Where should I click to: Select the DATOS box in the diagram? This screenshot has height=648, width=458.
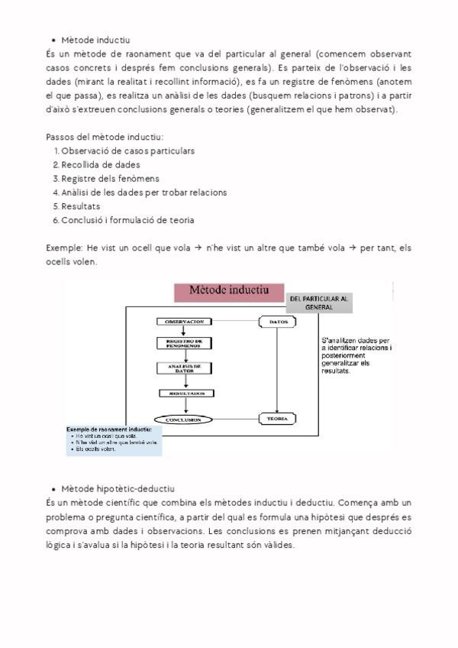[x=277, y=322]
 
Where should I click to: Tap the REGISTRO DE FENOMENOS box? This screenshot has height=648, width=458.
[x=183, y=344]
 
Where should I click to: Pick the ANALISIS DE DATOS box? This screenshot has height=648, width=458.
[x=183, y=369]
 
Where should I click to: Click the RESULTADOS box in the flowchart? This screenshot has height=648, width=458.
[x=183, y=394]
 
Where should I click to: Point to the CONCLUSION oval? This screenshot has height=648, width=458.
[x=182, y=420]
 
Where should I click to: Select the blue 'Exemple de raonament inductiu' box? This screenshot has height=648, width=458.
[x=114, y=440]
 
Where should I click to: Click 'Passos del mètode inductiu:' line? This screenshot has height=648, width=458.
[x=105, y=137]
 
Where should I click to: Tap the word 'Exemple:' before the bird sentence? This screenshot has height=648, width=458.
[x=64, y=248]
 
